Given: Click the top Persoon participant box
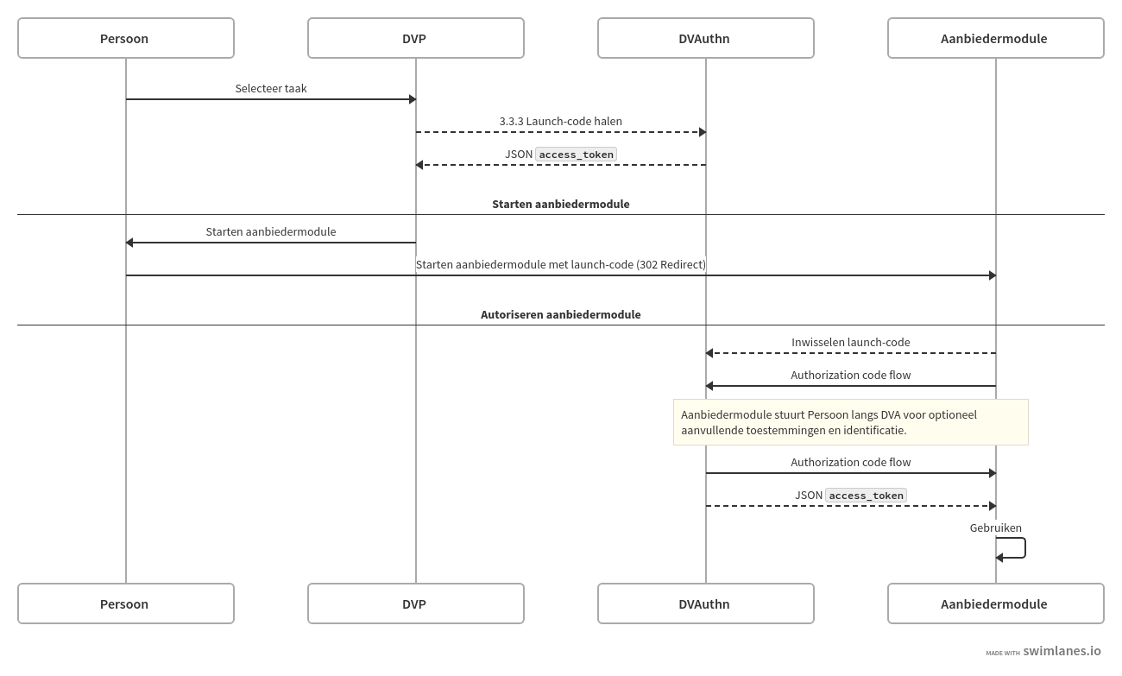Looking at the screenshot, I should [126, 38].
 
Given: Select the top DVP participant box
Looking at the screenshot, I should [415, 38].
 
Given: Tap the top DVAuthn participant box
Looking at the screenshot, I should [705, 38].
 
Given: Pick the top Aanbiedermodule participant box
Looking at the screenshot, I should [995, 38].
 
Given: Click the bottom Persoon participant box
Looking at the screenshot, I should [126, 603].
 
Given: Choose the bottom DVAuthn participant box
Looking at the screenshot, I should [705, 603].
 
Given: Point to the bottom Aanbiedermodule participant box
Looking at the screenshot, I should [995, 603].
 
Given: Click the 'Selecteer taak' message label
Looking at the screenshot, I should [271, 88].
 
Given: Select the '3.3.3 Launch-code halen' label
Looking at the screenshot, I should [560, 121].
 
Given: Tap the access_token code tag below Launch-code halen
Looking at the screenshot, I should [576, 155].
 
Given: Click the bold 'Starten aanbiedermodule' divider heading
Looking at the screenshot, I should [560, 204].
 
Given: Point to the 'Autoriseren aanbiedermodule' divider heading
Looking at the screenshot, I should [560, 314].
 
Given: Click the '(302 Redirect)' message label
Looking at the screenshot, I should [671, 264].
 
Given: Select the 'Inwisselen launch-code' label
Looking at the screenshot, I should [850, 342].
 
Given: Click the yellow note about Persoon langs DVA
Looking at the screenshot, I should [850, 422].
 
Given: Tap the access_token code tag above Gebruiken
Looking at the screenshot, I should [866, 496].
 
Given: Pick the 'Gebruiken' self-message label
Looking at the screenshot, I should [995, 528].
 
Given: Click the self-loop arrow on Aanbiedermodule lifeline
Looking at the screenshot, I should [1024, 548].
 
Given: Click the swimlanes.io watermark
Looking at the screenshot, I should [1061, 651].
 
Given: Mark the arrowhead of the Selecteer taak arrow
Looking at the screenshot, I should [412, 99].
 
